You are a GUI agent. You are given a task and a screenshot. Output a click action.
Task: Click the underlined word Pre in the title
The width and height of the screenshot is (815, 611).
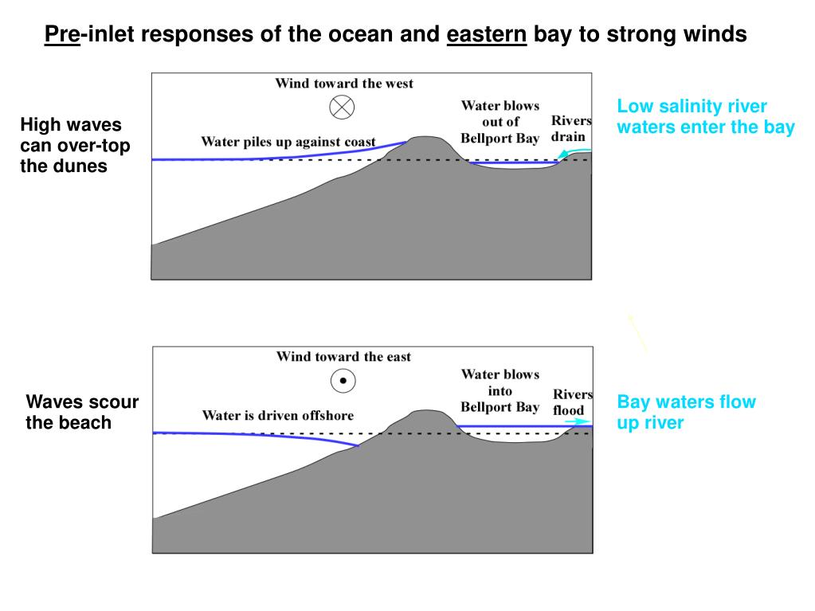tap(61, 34)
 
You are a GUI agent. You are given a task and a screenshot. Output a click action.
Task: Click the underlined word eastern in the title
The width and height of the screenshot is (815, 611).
tap(487, 34)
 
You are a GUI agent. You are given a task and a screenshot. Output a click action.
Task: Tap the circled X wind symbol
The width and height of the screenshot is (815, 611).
tap(343, 107)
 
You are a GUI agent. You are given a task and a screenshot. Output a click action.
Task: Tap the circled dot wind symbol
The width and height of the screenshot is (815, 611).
tap(343, 382)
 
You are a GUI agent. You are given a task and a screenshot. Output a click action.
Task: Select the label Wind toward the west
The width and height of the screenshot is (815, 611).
tap(344, 83)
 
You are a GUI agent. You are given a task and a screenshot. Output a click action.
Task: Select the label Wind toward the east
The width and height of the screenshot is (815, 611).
tap(343, 356)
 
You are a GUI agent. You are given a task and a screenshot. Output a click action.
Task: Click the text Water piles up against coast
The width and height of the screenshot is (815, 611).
tap(288, 142)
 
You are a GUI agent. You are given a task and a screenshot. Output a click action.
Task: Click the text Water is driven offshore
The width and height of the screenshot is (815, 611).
tap(277, 415)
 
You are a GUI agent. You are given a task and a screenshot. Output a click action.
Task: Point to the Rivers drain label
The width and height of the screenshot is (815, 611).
tap(571, 128)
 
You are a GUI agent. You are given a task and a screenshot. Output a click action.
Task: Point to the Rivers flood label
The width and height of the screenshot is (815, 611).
tap(573, 402)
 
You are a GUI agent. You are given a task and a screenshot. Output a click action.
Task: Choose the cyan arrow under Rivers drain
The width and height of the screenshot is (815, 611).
tap(580, 151)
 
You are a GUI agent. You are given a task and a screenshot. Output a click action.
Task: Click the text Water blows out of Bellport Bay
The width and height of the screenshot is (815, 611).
tap(500, 122)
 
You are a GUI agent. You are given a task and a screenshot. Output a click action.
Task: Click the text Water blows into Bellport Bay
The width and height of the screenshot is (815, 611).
tap(500, 390)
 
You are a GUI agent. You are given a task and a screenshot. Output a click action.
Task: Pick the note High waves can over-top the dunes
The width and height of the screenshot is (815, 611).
tap(75, 146)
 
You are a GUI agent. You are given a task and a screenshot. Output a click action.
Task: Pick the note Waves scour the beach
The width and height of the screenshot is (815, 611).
tap(81, 412)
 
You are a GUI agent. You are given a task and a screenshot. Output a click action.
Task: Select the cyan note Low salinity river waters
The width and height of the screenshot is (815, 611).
tap(705, 117)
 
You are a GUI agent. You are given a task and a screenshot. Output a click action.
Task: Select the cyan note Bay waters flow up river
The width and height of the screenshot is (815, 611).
tap(686, 412)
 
